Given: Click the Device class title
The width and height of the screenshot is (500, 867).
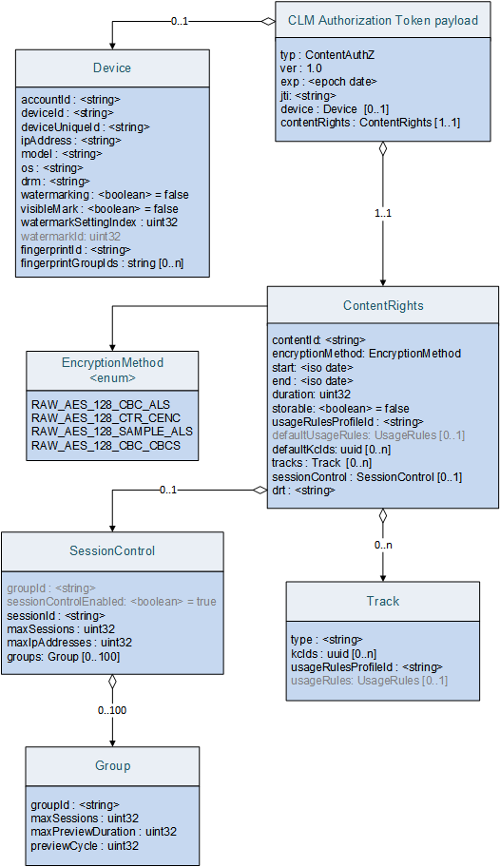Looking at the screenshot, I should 112,68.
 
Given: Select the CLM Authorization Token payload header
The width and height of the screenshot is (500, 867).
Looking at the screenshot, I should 383,20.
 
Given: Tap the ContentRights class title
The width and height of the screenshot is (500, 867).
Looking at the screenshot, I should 382,306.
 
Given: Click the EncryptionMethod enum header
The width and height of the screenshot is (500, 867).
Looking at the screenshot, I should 112,369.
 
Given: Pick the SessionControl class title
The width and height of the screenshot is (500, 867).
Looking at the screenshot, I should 112,550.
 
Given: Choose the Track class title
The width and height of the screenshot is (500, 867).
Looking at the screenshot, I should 382,602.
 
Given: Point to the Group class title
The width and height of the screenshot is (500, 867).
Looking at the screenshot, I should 112,766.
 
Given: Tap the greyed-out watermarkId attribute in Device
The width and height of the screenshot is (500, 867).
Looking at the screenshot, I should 70,236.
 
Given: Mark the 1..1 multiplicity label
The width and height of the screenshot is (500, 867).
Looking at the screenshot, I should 382,213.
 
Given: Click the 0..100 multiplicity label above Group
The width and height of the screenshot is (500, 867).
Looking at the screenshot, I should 112,709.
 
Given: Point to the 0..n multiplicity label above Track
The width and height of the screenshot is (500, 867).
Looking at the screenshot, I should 382,545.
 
